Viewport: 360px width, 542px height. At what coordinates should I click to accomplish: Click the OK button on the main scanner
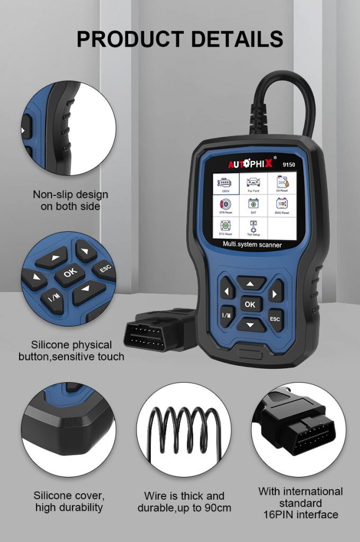[x=250, y=304]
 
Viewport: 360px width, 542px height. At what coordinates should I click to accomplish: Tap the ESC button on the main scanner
[x=275, y=319]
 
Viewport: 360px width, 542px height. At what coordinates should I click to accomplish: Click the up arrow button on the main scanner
[x=251, y=284]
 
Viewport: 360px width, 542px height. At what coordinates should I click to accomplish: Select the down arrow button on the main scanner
[x=251, y=323]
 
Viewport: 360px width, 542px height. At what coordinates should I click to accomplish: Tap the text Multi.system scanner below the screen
[x=253, y=245]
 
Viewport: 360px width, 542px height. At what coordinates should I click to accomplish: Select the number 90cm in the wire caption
[x=217, y=508]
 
